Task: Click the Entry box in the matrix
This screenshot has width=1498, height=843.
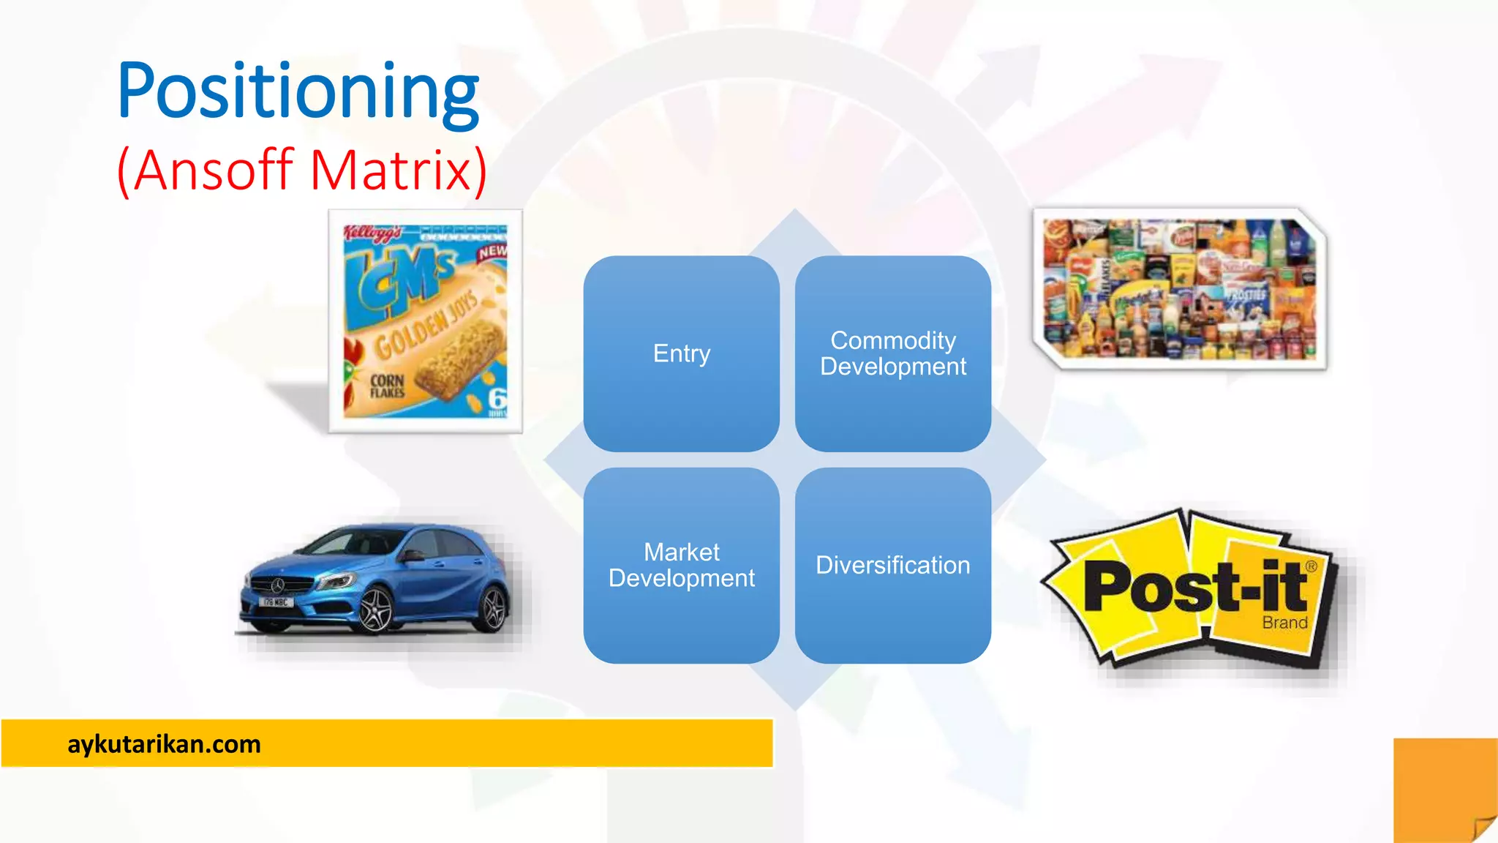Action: coord(681,353)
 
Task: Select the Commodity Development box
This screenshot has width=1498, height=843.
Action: coord(892,353)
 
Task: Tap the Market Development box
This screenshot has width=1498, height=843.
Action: coord(681,565)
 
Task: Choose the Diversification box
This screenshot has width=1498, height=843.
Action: coord(892,565)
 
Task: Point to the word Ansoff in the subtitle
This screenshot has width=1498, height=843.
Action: coord(213,170)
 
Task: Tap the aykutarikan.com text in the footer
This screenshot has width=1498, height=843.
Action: coord(164,744)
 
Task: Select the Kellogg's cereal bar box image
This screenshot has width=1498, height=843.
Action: coord(425,321)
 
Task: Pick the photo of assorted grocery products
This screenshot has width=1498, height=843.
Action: coord(1179,288)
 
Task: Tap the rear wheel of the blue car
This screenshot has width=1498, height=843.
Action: coord(492,609)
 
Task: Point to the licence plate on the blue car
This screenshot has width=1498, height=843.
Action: coord(275,602)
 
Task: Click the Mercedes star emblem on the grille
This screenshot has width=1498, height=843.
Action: coord(277,585)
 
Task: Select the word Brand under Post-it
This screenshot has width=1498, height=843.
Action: coord(1284,623)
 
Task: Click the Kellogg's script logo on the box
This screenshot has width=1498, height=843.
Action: coord(373,233)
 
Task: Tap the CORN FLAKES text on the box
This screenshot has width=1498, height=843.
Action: coord(387,386)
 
